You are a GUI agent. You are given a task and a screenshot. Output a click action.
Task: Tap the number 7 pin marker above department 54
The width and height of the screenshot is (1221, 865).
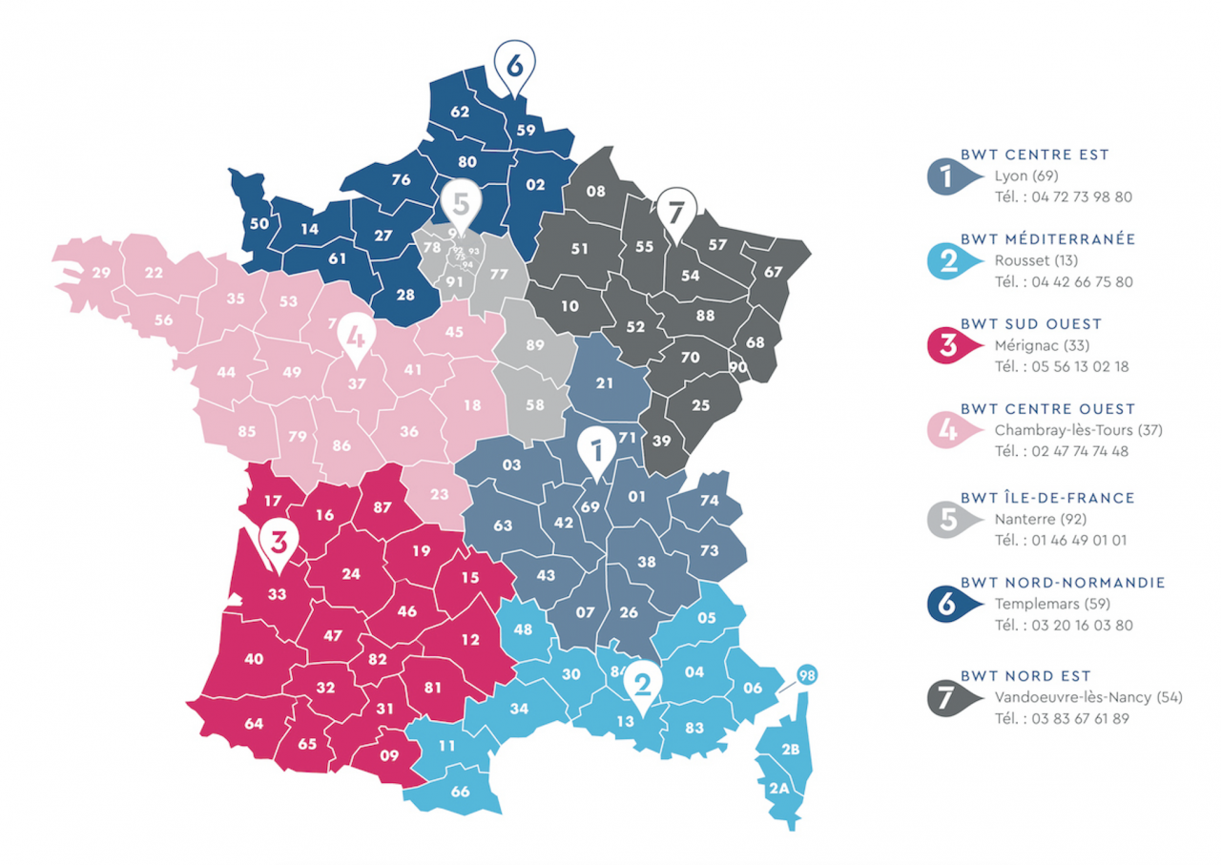(x=676, y=209)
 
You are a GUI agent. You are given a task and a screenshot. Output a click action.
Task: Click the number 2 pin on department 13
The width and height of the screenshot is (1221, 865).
(x=642, y=683)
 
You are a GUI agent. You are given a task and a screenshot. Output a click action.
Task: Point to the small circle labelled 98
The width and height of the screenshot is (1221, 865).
(x=807, y=676)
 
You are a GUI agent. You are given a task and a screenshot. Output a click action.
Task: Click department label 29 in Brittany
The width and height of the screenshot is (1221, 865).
(x=101, y=273)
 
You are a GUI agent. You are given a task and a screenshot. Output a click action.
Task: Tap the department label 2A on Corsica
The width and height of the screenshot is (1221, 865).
(x=779, y=788)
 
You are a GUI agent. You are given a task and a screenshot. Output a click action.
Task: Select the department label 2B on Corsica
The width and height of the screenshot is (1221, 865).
(x=790, y=750)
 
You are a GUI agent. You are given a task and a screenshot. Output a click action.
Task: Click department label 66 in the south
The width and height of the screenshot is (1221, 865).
(x=460, y=792)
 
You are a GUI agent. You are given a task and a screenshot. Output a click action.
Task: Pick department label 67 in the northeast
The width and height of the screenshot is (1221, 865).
(x=773, y=272)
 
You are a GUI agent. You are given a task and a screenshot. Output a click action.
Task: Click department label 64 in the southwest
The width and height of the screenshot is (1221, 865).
(x=254, y=724)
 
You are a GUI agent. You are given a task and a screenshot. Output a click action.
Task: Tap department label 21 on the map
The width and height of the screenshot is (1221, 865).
(x=605, y=383)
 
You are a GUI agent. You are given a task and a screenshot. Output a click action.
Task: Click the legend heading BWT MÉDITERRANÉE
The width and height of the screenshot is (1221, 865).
(x=1048, y=239)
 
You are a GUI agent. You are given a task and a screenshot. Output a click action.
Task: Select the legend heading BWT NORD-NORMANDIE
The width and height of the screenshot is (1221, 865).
(x=1063, y=583)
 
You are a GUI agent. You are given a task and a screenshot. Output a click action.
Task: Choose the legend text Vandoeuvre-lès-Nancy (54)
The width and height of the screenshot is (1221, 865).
(x=1087, y=697)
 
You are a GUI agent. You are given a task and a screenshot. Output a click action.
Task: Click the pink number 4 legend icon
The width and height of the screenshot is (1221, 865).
(x=949, y=430)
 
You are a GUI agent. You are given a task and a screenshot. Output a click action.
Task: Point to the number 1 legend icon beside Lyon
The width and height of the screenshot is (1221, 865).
(x=949, y=175)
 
